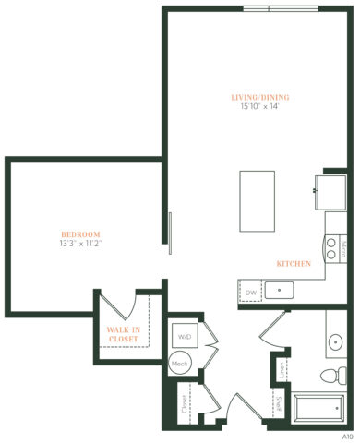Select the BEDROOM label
[81, 233]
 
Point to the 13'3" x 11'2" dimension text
[81, 245]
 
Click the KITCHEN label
[294, 264]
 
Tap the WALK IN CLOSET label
[124, 334]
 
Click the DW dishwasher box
[250, 293]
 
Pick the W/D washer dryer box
[185, 336]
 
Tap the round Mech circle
[182, 364]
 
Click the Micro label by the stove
[342, 249]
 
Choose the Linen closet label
[282, 370]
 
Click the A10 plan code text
[347, 434]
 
